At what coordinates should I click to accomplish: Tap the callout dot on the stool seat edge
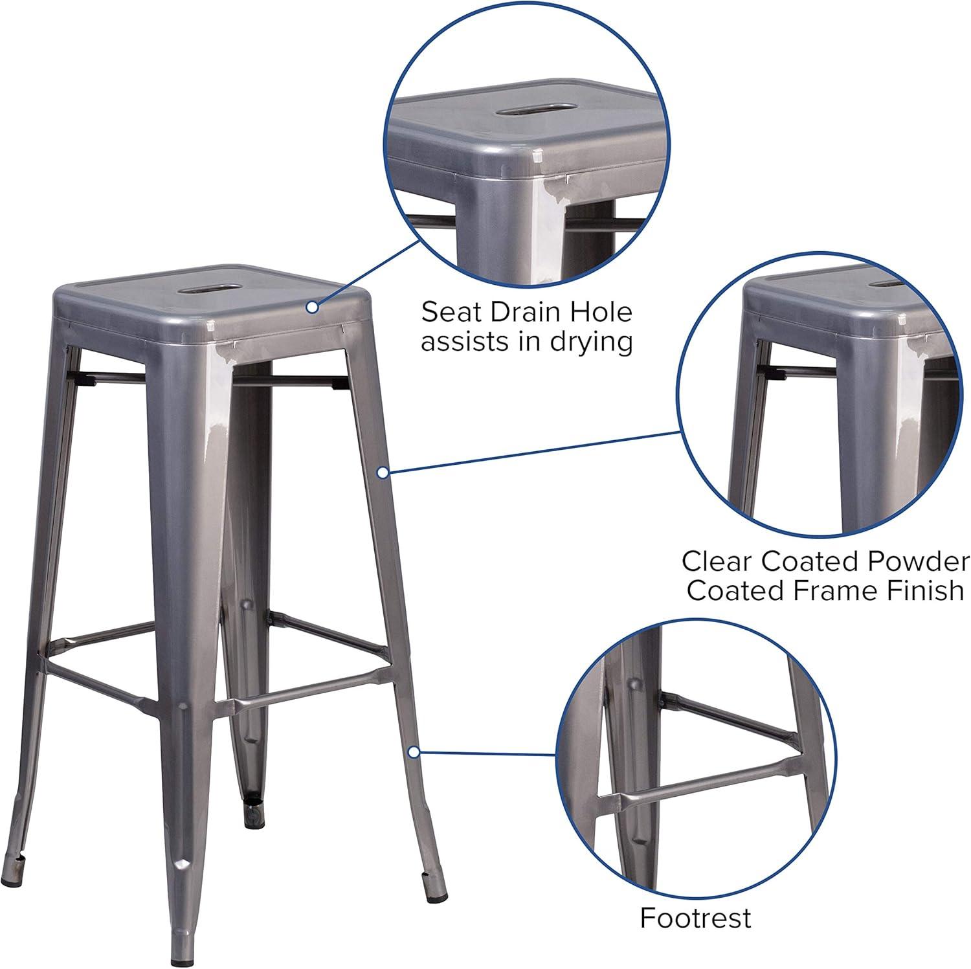click(x=313, y=307)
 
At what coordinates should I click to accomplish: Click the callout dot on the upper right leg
click(x=383, y=473)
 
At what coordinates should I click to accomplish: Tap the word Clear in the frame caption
click(x=717, y=561)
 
